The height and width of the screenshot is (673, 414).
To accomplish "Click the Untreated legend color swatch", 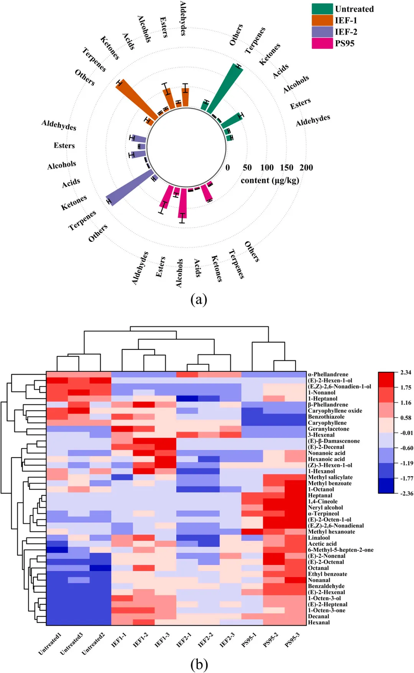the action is coord(322,9).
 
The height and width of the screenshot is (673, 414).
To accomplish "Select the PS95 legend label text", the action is coord(345,43).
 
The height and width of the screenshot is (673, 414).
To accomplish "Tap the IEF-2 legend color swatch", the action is coord(322,32).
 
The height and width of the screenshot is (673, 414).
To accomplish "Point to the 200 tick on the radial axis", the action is coord(306,167).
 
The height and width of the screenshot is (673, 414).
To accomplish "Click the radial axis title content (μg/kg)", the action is coord(270,180).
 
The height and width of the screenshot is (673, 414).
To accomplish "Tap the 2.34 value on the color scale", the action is coord(406,372).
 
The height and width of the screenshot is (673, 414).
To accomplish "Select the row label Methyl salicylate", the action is coord(330,477).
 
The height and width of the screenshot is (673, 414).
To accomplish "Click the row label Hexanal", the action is coord(319,622).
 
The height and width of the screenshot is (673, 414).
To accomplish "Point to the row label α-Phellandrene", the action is coord(328,374).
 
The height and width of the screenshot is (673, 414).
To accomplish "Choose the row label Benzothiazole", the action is coord(326,417).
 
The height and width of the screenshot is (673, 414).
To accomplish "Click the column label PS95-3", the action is coord(292,640).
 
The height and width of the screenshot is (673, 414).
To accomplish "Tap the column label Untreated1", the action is coord(50,643).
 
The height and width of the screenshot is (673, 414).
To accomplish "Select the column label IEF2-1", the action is coord(184,640).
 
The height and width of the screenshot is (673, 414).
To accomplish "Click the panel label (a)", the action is coord(199,299).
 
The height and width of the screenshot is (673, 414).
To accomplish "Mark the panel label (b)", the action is coord(199,665).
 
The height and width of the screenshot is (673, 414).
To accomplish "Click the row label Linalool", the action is coord(319,538).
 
